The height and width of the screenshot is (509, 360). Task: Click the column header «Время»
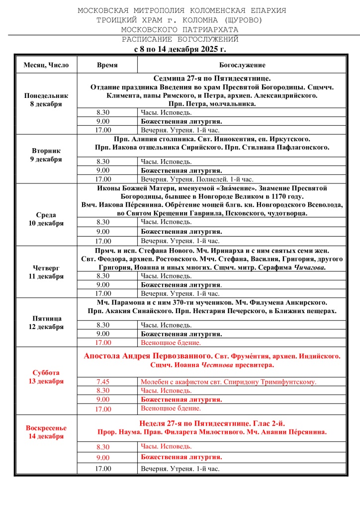pyautogui.click(x=107, y=65)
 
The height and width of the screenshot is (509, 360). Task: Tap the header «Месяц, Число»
pyautogui.click(x=46, y=65)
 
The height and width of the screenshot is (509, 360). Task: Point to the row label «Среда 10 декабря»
pyautogui.click(x=46, y=219)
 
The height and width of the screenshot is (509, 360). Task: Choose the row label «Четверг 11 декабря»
pyautogui.click(x=46, y=272)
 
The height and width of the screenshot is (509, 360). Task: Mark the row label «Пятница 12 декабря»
pyautogui.click(x=46, y=323)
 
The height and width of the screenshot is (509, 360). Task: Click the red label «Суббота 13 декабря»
pyautogui.click(x=46, y=377)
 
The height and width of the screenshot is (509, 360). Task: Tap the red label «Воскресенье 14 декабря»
pyautogui.click(x=46, y=432)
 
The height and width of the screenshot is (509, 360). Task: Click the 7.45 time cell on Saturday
pyautogui.click(x=103, y=382)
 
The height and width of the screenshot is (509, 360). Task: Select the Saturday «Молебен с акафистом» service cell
pyautogui.click(x=228, y=382)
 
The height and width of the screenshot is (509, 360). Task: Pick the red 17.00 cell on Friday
pyautogui.click(x=103, y=342)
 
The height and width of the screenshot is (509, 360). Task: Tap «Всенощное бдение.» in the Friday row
pyautogui.click(x=171, y=342)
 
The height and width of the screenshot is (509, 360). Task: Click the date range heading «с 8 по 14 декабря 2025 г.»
pyautogui.click(x=180, y=49)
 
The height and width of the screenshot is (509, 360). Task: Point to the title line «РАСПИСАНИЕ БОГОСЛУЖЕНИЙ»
pyautogui.click(x=180, y=39)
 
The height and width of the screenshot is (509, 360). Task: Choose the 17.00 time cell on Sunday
pyautogui.click(x=103, y=468)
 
